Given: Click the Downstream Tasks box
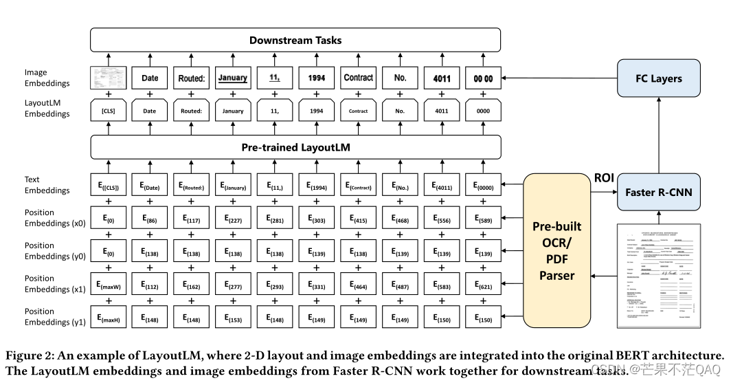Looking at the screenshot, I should click(x=295, y=40).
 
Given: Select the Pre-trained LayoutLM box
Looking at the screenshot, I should click(x=295, y=148).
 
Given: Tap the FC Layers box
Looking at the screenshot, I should click(x=659, y=78).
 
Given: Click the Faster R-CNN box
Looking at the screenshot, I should click(x=659, y=192).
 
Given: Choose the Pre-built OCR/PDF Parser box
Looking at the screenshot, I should click(x=557, y=251).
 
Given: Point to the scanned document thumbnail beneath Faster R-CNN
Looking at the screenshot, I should click(x=659, y=276).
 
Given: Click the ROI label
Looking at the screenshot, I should click(x=604, y=177).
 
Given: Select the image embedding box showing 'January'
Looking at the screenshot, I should click(x=233, y=78).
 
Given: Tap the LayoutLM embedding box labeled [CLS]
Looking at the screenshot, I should click(x=108, y=111).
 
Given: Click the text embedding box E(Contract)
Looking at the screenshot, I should click(x=358, y=185).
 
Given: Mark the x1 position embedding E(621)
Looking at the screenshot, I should click(x=484, y=284).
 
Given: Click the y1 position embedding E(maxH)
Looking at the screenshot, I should click(x=108, y=317).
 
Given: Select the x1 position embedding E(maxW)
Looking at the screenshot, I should click(x=108, y=284).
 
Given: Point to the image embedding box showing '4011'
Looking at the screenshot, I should click(x=442, y=78).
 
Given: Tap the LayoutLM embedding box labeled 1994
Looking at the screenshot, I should click(x=317, y=111).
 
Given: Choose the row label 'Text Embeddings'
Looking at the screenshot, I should click(x=47, y=185).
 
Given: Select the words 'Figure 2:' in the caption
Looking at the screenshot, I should click(x=28, y=356).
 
